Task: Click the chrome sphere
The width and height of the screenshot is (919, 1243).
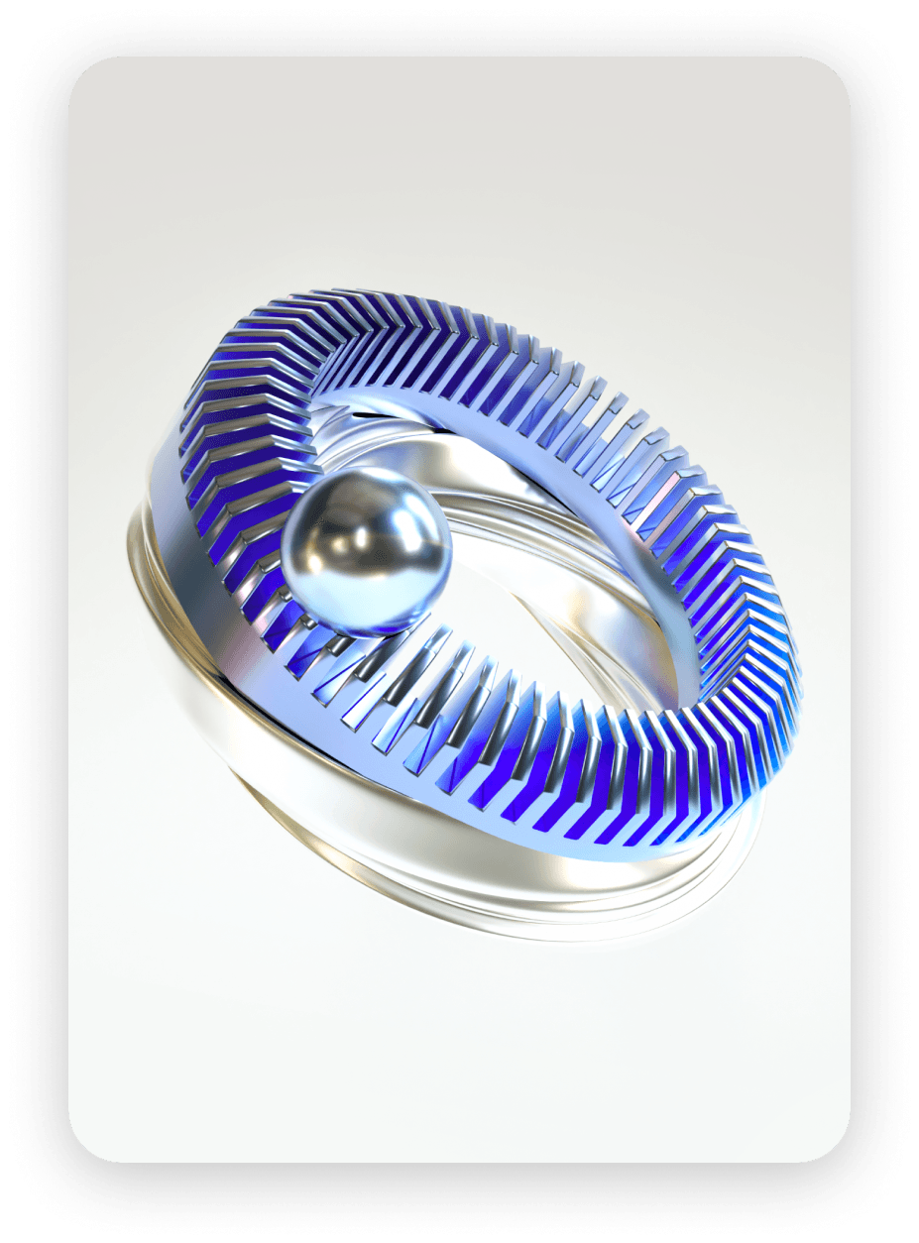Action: click(367, 551)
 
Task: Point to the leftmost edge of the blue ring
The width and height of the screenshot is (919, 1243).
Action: click(183, 436)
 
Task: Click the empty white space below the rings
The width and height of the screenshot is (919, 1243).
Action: click(456, 1051)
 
